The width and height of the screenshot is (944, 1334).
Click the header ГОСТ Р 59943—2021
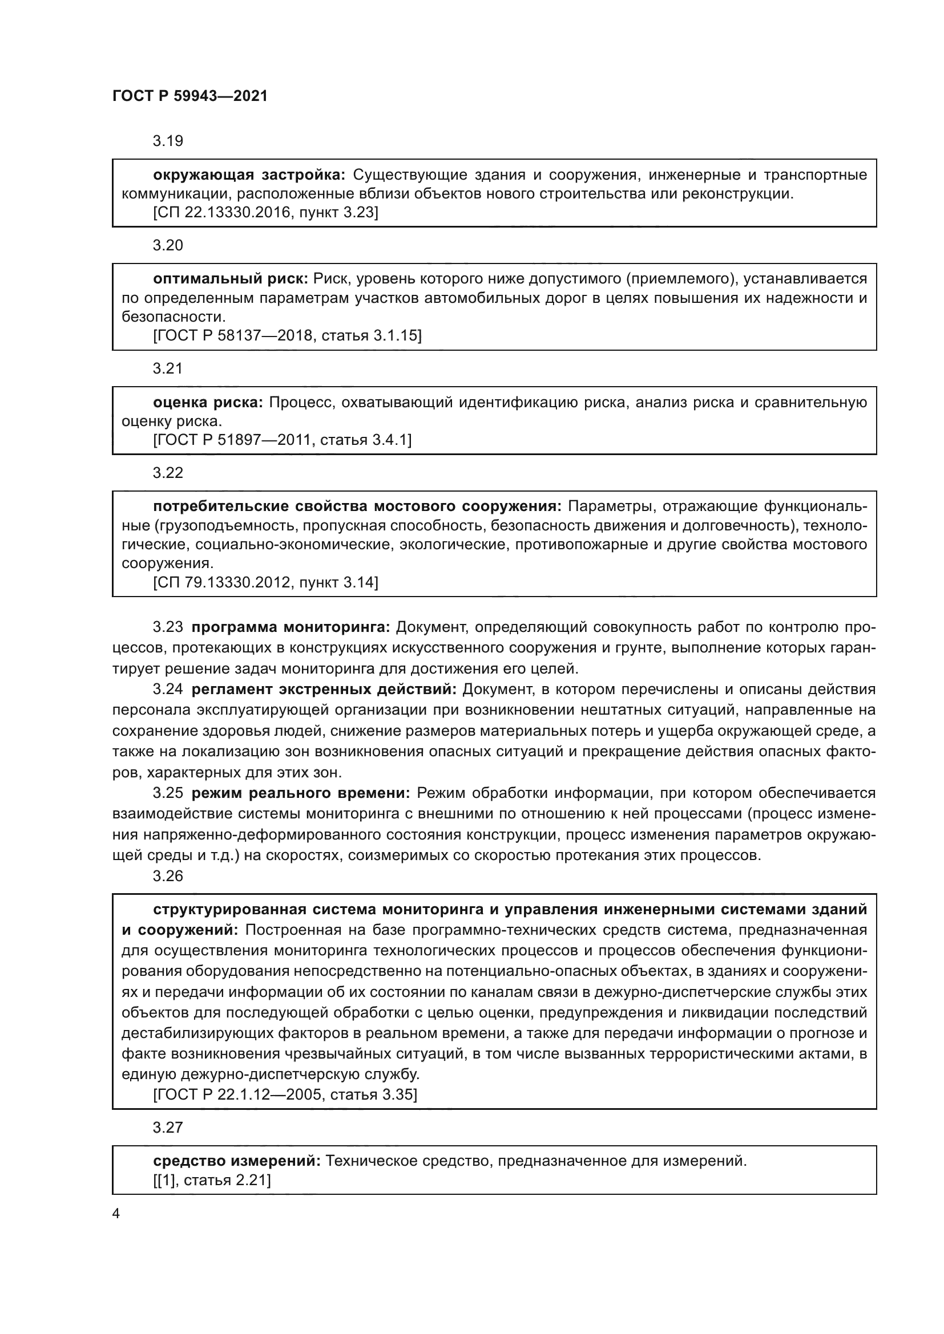(190, 96)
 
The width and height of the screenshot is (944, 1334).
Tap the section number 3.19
(168, 141)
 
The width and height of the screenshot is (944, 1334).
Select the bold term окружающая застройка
(249, 175)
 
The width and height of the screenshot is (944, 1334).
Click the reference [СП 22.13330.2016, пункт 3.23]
(265, 213)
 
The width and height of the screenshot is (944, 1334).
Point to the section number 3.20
(168, 245)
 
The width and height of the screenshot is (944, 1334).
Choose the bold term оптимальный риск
(230, 279)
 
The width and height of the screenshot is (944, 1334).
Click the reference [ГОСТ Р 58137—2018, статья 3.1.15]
(287, 336)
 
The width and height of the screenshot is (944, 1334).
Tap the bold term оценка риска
(208, 403)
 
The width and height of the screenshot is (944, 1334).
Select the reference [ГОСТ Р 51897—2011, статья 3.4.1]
(282, 440)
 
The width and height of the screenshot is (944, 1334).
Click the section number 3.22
(168, 473)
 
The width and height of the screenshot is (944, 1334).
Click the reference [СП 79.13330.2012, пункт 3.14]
(265, 582)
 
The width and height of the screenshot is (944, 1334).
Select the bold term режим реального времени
(301, 793)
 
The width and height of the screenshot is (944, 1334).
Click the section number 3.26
(168, 876)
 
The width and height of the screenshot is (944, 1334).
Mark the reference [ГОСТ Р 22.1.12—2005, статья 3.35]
(285, 1095)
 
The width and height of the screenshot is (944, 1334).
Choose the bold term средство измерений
(237, 1161)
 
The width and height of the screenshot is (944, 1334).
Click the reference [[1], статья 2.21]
(212, 1180)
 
